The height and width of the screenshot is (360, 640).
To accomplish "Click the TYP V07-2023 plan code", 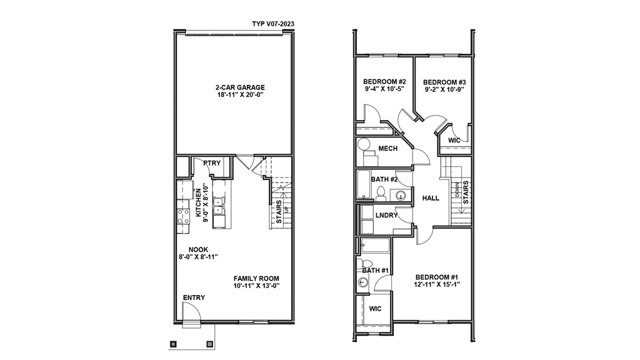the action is click(273, 24).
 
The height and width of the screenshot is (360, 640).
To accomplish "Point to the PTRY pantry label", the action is click(212, 163).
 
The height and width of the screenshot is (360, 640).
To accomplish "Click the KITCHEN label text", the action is click(198, 203).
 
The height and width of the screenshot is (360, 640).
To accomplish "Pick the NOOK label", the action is click(198, 249).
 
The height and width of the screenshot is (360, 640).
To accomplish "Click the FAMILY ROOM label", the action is click(256, 278).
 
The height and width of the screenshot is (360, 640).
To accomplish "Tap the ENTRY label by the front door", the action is click(194, 297).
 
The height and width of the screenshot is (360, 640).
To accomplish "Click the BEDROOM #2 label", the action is click(384, 82).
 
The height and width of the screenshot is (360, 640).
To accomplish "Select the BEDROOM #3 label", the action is click(444, 82).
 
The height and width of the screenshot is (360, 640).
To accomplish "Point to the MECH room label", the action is click(387, 149).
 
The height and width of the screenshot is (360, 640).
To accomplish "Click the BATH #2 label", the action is click(384, 179).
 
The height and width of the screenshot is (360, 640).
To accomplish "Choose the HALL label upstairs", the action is click(431, 198).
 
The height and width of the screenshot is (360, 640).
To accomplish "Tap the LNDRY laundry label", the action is click(386, 215).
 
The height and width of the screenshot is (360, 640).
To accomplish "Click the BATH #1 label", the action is click(375, 270).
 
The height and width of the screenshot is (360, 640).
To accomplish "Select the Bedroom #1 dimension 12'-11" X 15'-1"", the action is click(437, 284).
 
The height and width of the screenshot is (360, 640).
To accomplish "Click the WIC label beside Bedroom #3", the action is click(454, 141).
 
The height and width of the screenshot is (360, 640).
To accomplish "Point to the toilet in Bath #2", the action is click(381, 194).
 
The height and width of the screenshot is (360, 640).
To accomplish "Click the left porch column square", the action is click(173, 344).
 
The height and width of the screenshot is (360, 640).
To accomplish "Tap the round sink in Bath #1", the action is click(362, 282).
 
